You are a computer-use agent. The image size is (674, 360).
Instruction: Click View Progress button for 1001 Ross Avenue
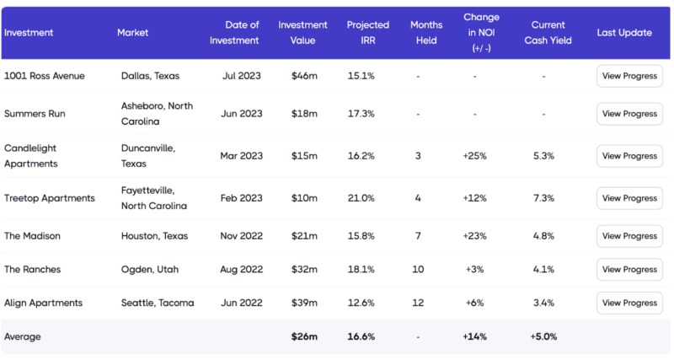(x=629, y=76)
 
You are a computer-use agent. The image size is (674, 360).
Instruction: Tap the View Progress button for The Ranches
(x=629, y=270)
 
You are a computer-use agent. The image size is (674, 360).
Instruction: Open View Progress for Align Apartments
(x=629, y=304)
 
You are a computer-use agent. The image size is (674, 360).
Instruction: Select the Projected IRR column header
(x=368, y=33)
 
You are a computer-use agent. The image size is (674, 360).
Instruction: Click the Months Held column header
(x=426, y=33)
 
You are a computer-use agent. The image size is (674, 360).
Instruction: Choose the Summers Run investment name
(x=35, y=114)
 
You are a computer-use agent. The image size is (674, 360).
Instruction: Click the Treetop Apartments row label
(x=49, y=198)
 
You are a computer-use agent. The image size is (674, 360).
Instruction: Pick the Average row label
(x=23, y=336)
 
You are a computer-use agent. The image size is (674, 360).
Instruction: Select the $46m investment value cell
(x=303, y=76)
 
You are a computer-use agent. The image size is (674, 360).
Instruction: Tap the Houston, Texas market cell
(x=154, y=236)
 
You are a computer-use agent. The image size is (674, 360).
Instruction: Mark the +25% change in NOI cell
(x=475, y=156)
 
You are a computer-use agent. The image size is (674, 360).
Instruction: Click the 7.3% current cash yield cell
(x=543, y=198)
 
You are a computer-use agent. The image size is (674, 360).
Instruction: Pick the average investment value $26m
(x=303, y=336)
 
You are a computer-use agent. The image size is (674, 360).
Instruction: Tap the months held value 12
(x=418, y=304)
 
